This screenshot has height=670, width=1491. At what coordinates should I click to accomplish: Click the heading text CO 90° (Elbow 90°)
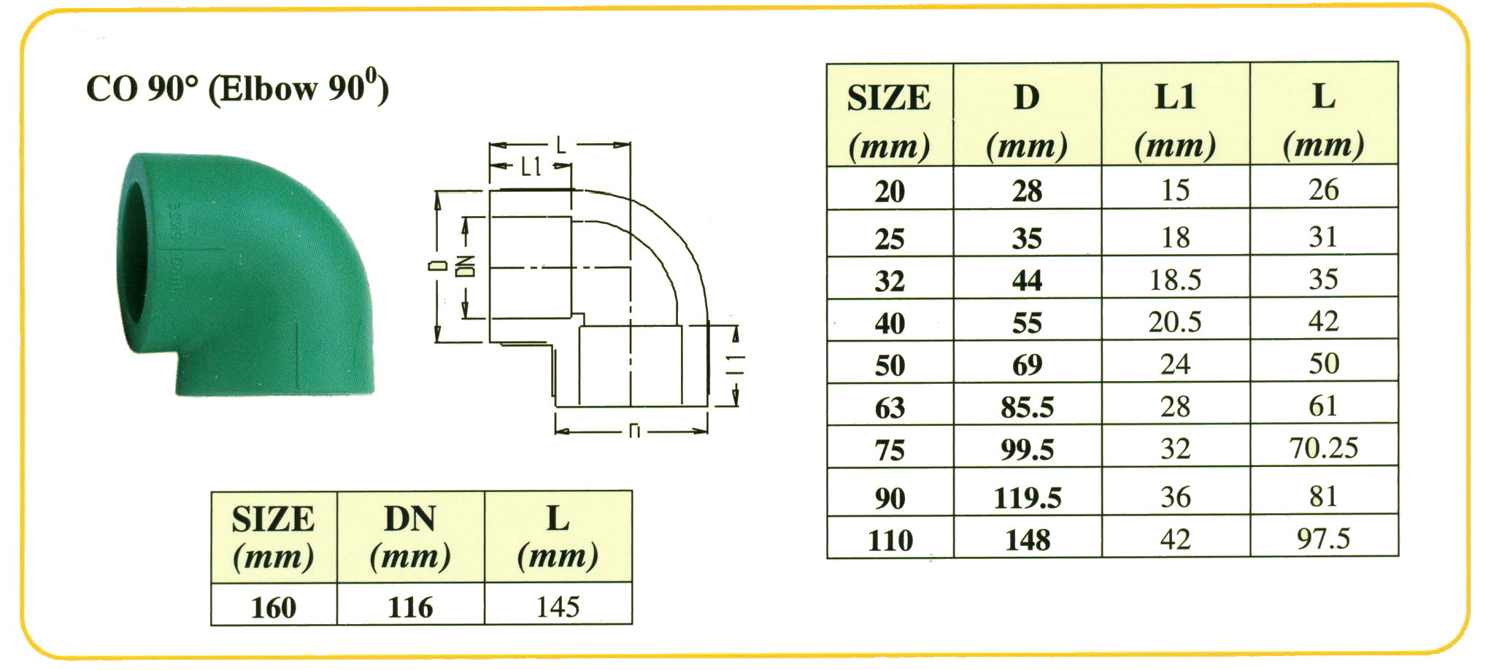237,88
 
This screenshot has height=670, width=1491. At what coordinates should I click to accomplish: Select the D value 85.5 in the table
1027,407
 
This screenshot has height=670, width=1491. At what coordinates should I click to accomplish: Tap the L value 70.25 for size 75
1323,448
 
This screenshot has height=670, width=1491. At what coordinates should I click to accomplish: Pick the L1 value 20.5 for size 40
1174,322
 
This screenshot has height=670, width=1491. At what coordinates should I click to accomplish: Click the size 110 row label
890,540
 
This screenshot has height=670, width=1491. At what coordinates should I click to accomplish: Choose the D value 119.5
1027,498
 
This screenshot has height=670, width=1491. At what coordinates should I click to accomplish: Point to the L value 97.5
1323,539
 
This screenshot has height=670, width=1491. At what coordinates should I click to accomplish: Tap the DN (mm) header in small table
410,537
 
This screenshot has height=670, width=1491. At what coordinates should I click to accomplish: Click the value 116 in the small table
410,607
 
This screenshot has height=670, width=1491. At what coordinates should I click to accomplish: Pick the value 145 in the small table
558,607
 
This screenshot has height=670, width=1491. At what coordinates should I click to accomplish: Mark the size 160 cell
274,607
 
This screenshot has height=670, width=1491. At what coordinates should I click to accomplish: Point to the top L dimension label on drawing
560,145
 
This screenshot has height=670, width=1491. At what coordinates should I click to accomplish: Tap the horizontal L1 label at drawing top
531,167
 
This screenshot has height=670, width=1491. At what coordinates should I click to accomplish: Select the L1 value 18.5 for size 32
1174,280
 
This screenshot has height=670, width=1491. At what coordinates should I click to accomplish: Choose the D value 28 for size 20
1027,191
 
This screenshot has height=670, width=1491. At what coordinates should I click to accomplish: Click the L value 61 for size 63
1323,406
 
